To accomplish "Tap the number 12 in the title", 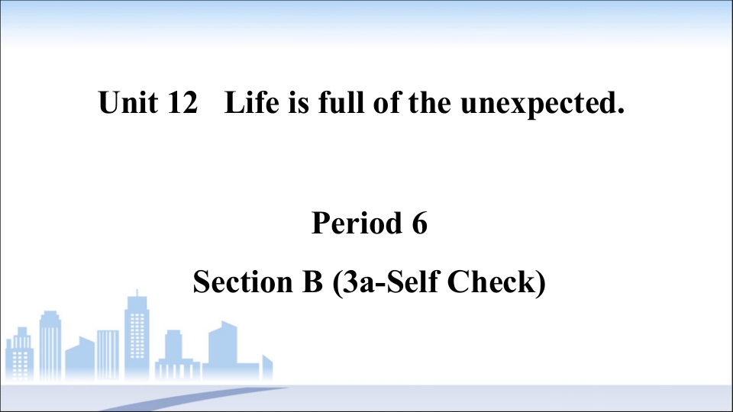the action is point(182,101).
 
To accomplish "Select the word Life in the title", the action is point(251,101).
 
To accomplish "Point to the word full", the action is point(341,101).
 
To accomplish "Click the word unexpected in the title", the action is point(538,104).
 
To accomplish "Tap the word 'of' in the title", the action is point(387,101).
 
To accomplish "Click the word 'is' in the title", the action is point(299,101).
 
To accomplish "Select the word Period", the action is point(357,223).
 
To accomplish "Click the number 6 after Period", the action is point(420,223).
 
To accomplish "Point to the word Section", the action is point(243,282).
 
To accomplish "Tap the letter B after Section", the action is point(313,282).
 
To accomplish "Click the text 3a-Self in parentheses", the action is point(391,282).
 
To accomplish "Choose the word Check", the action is point(491,282).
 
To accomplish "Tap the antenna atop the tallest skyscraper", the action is point(137,294).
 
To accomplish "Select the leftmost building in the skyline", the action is point(19,354).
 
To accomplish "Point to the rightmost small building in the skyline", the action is point(267,368).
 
